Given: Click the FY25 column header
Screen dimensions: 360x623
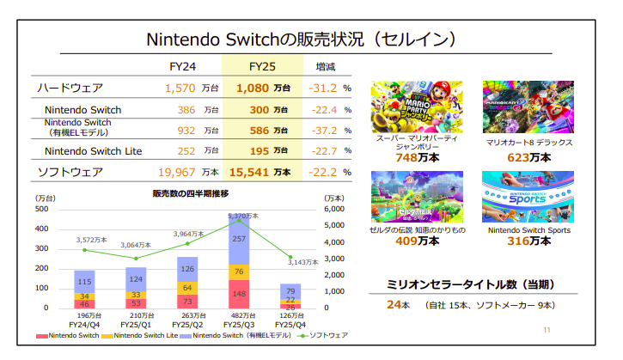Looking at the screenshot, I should coord(261,65).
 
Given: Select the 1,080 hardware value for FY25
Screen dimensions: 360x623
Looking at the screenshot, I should coord(253,88).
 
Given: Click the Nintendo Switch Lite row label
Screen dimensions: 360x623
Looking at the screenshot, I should coord(95,151).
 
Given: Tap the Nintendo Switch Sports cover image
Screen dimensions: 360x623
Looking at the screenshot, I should coord(528,197).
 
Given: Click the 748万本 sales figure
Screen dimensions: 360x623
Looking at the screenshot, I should coord(416,158).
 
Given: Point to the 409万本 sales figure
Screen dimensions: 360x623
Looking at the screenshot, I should coord(416,241).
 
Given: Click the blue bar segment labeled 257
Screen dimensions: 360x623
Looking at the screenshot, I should coord(240,239).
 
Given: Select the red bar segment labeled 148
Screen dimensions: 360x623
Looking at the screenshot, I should coord(240,293).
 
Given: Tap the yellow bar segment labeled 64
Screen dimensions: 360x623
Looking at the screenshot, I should coord(188,287).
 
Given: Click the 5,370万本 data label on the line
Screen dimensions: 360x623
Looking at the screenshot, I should coord(243,216).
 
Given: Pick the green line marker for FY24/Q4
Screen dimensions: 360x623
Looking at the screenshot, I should coord(84,249).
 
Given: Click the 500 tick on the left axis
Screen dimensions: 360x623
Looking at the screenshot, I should coord(42,210).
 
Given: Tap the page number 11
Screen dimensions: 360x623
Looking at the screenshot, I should coord(547,330).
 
